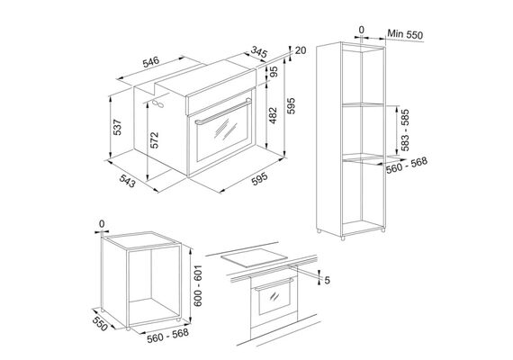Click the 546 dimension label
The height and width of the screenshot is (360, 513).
point(151,62)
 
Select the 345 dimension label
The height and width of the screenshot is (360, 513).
point(259,52)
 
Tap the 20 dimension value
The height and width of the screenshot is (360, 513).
point(300,50)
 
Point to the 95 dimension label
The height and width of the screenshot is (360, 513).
point(274,72)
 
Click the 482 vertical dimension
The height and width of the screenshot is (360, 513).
point(273,115)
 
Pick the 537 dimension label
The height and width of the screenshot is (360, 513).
point(117,127)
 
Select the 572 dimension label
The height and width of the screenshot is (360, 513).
point(154,139)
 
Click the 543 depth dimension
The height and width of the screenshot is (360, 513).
point(127,181)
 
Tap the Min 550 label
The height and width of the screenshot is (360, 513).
point(405,34)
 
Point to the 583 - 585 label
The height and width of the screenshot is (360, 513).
point(405,130)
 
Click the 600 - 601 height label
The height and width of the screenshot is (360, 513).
point(198,285)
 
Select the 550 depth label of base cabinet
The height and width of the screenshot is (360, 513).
point(100,323)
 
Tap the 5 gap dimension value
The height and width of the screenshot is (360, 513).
point(327,281)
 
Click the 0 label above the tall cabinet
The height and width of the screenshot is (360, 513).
point(361,30)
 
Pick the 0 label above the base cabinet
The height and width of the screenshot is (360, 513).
point(102,224)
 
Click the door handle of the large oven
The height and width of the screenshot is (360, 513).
point(221,112)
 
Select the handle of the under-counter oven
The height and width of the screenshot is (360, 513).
point(274,284)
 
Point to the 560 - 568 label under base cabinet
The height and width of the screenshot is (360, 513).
point(167,335)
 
